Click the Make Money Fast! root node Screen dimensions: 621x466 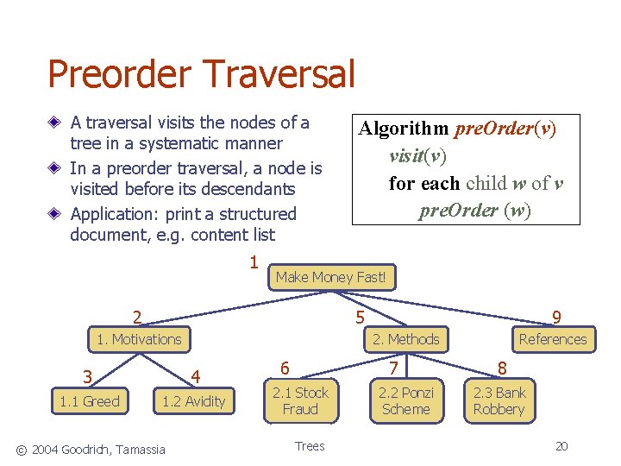click(x=332, y=277)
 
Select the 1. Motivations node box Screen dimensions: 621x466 click(x=139, y=339)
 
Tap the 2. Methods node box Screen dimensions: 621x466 click(x=405, y=339)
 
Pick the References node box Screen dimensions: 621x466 click(x=552, y=339)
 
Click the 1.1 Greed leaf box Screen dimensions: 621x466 click(x=90, y=400)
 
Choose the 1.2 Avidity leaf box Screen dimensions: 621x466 click(x=194, y=400)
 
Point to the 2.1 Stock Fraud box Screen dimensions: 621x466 click(x=300, y=400)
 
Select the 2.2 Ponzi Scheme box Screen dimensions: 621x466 click(x=405, y=400)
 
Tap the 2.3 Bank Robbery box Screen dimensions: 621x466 click(x=499, y=400)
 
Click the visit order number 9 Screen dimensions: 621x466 click(x=556, y=318)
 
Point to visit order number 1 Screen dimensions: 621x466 click(x=254, y=261)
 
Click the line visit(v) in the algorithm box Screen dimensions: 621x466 click(x=417, y=155)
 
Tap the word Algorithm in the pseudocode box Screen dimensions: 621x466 click(x=404, y=129)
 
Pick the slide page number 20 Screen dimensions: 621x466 click(x=561, y=446)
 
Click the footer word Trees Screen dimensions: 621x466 click(x=310, y=446)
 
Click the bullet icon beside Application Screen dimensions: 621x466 click(x=56, y=214)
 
